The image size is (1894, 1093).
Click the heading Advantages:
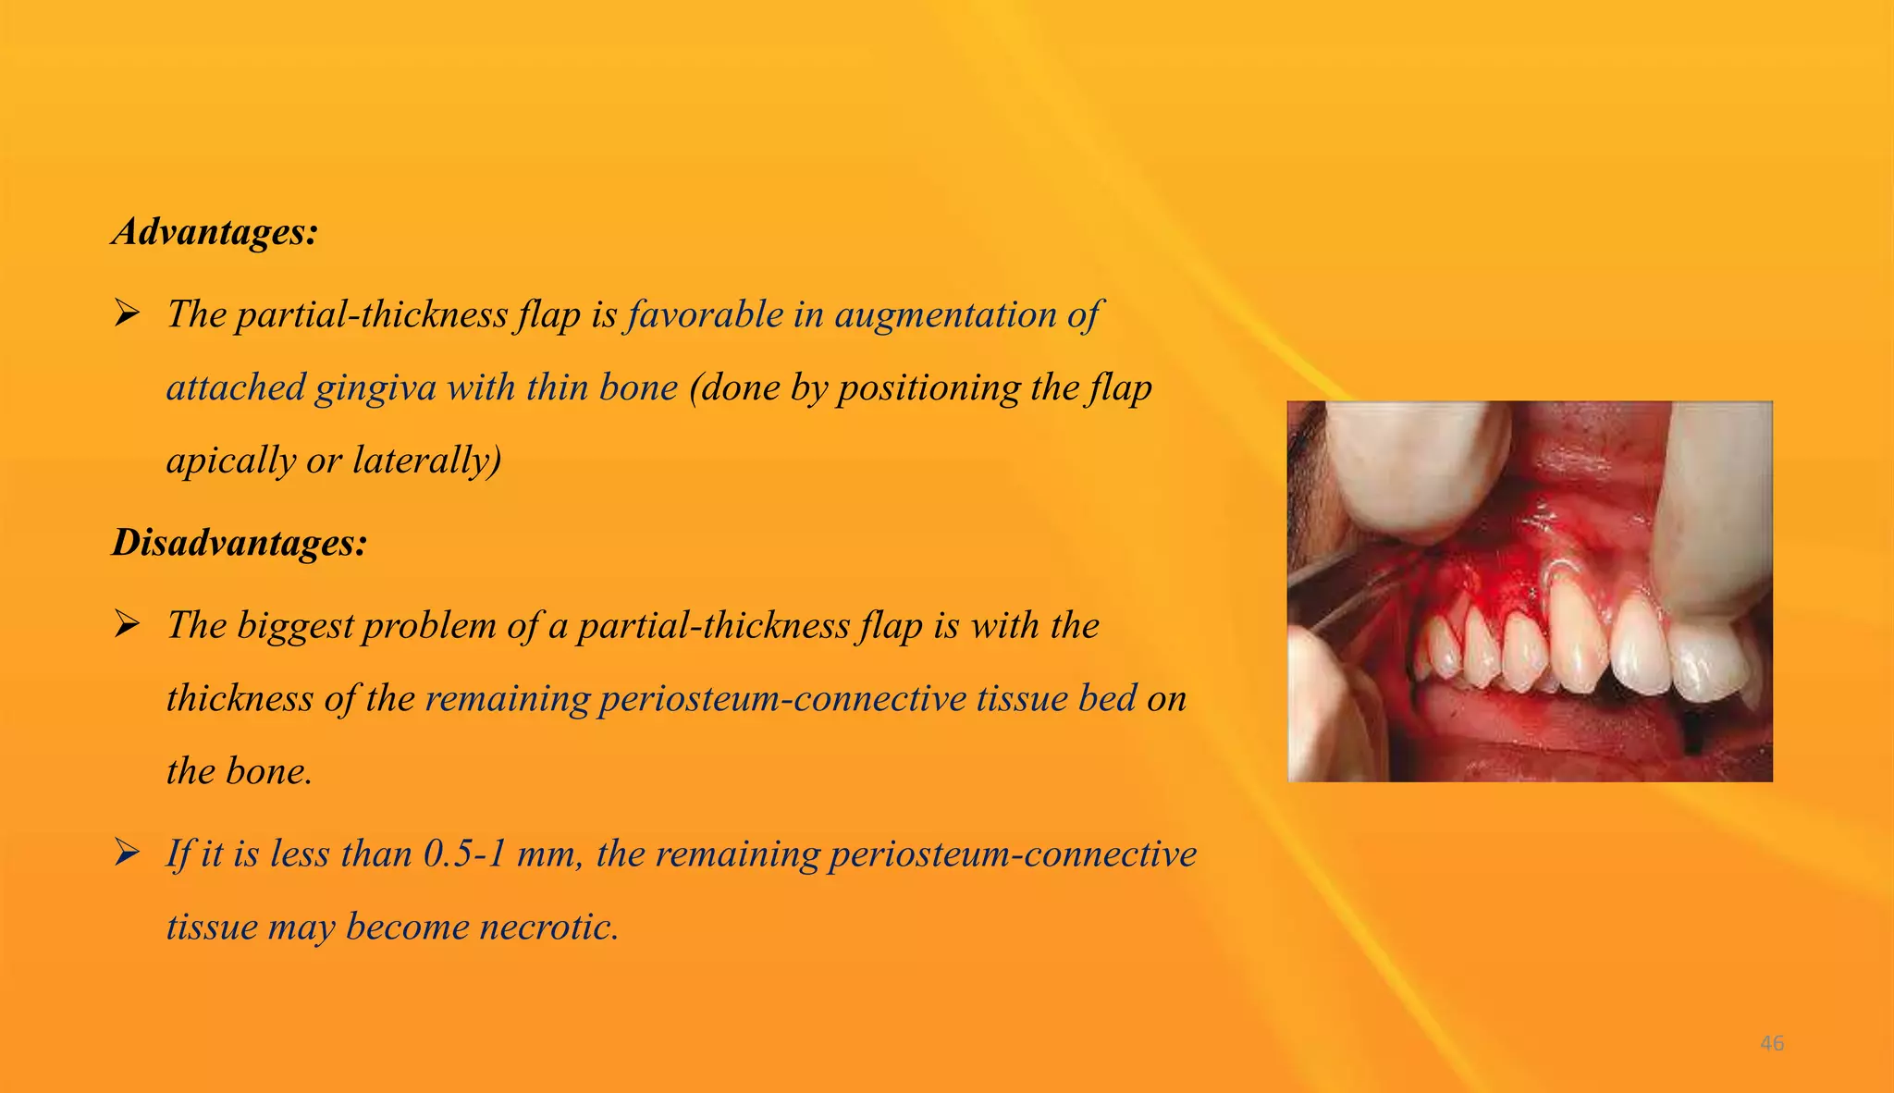point(215,231)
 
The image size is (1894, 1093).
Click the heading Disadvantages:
point(240,542)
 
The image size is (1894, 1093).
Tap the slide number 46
point(1772,1043)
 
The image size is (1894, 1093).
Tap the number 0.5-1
point(465,854)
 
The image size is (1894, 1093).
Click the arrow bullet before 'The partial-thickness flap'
point(127,314)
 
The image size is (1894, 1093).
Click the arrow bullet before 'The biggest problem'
point(127,625)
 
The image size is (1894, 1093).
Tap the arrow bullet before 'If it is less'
point(127,853)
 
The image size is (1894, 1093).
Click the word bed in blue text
point(1107,698)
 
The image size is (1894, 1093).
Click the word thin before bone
point(558,387)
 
